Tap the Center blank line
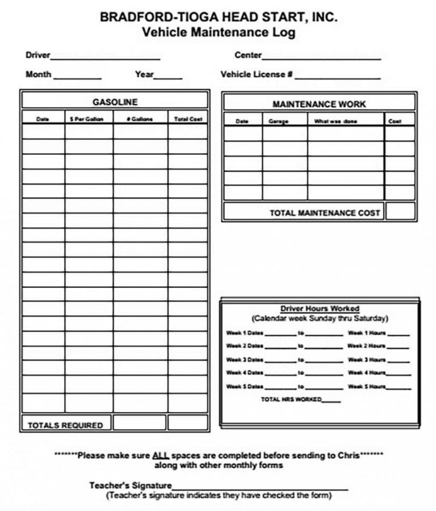(321, 57)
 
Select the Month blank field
(77, 77)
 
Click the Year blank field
(168, 77)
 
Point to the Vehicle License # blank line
(337, 77)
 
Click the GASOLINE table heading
(115, 102)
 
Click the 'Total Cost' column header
(188, 119)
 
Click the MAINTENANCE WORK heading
(319, 104)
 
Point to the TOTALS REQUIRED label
(66, 425)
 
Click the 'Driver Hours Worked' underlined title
(320, 309)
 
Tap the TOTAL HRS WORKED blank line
(332, 401)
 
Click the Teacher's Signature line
(259, 487)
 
